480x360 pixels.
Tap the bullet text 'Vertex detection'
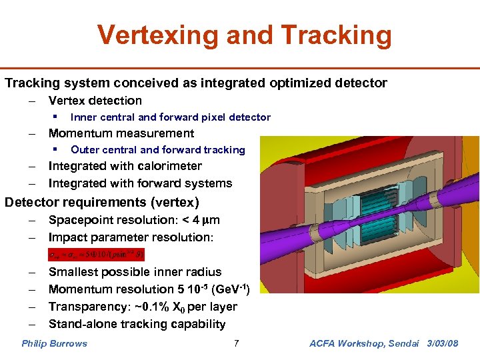tap(95, 101)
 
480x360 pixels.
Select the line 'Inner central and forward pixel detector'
tap(171, 117)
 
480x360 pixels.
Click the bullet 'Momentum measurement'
tap(121, 133)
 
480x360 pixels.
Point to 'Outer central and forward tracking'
tap(158, 150)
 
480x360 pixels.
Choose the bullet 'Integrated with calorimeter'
tap(125, 166)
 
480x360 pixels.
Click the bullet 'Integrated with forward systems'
tap(140, 183)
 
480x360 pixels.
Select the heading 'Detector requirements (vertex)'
tap(102, 202)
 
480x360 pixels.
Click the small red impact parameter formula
tap(96, 254)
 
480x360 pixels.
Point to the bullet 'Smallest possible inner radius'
tap(135, 272)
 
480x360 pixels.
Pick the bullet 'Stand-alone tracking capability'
tap(137, 324)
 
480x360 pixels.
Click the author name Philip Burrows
tap(54, 344)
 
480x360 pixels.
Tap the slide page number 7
tap(236, 344)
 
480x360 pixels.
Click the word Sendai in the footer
tap(402, 344)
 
